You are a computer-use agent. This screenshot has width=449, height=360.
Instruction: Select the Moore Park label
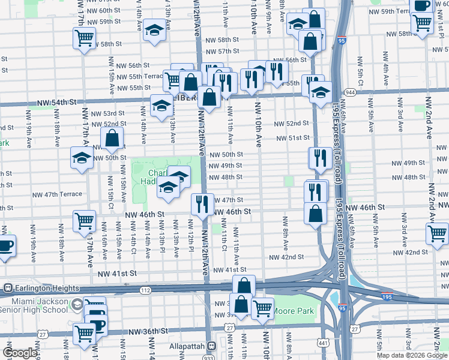tap(294, 311)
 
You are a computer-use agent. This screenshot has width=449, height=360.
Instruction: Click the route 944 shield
tap(350, 92)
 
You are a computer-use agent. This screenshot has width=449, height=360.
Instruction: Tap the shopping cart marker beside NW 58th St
tap(84, 38)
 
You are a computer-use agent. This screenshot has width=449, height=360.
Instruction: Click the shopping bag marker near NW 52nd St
tap(112, 139)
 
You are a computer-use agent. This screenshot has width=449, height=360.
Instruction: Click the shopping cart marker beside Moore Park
tap(262, 309)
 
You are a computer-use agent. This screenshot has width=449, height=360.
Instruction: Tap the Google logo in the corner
tap(20, 353)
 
